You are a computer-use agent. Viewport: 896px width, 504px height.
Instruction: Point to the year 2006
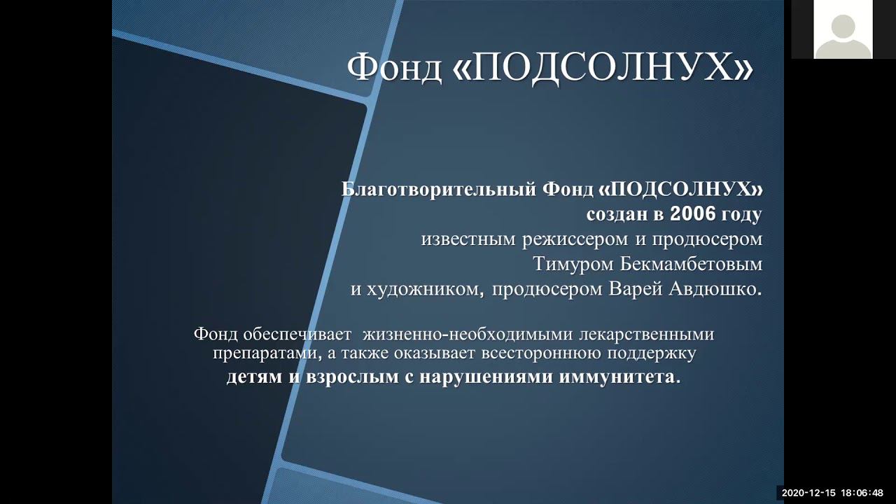coord(693,214)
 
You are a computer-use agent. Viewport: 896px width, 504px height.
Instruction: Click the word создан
coord(615,215)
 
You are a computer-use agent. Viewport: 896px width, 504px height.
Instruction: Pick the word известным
coord(468,239)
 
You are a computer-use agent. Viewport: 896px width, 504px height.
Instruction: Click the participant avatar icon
coord(843,29)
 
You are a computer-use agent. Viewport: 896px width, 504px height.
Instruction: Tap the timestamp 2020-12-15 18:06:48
coord(832,493)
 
